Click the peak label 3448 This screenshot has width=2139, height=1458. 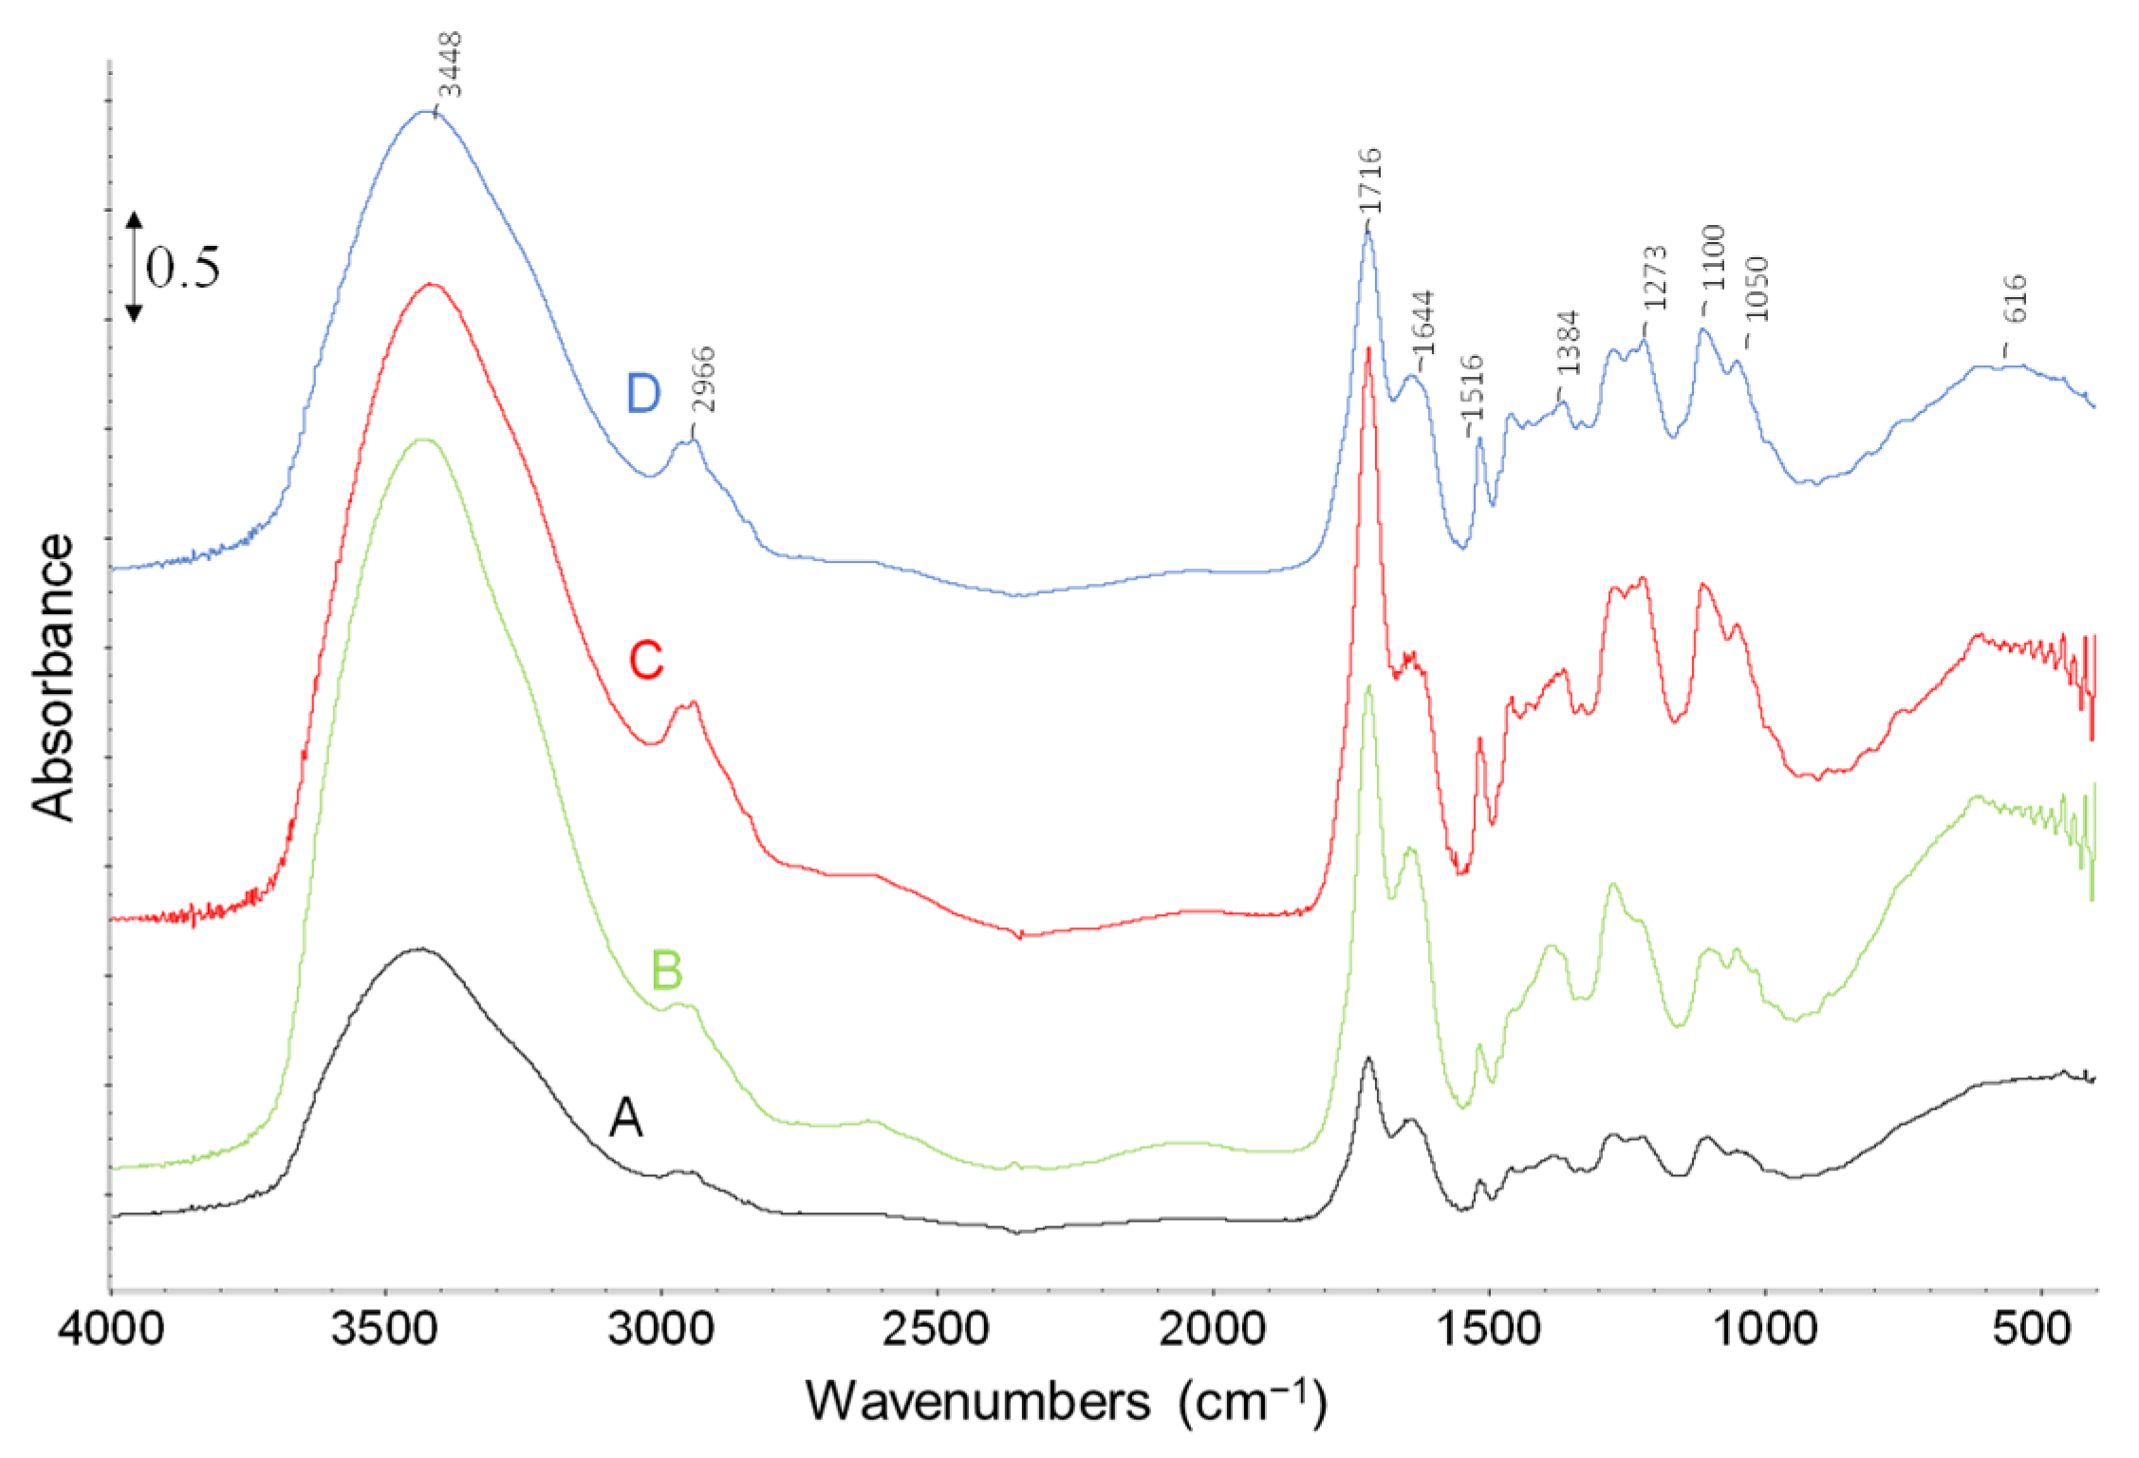click(x=451, y=65)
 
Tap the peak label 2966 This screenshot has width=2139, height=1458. click(x=703, y=380)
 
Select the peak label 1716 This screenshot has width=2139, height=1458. click(x=1369, y=181)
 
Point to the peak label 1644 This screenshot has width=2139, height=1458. click(x=1423, y=324)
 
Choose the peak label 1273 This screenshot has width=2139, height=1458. click(x=1655, y=278)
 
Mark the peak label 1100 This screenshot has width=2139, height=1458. click(x=1713, y=257)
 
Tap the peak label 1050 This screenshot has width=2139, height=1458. click(x=1758, y=290)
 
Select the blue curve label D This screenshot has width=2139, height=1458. click(x=642, y=393)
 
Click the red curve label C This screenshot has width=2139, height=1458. click(x=646, y=660)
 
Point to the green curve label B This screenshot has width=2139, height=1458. click(x=667, y=970)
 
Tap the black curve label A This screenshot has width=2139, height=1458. click(x=625, y=1117)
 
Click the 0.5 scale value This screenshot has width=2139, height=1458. click(x=182, y=267)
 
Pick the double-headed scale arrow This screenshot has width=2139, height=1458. click(x=134, y=267)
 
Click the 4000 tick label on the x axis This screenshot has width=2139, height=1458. click(x=111, y=1329)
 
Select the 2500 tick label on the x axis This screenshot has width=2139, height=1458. click(x=937, y=1329)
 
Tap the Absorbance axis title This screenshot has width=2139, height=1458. click(x=53, y=676)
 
